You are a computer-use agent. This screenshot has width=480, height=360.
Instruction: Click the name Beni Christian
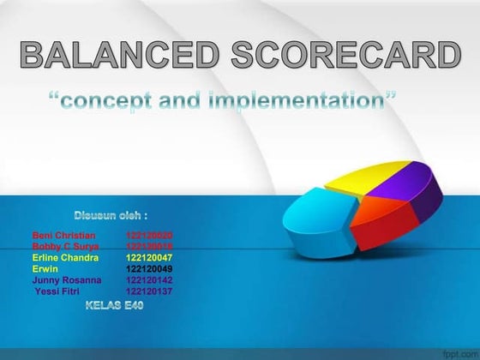(64, 235)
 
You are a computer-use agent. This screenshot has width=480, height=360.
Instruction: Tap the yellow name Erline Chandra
(65, 257)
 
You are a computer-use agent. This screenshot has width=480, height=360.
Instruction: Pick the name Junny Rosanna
(67, 279)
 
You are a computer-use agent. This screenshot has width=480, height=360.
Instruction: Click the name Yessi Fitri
(57, 291)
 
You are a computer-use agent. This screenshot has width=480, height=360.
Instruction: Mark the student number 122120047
(149, 257)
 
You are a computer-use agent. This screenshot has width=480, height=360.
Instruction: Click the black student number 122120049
(149, 268)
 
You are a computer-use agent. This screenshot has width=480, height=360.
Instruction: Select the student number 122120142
(149, 279)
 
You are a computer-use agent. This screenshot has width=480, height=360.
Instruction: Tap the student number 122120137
(149, 291)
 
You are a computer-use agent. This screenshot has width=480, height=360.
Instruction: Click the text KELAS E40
(114, 306)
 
